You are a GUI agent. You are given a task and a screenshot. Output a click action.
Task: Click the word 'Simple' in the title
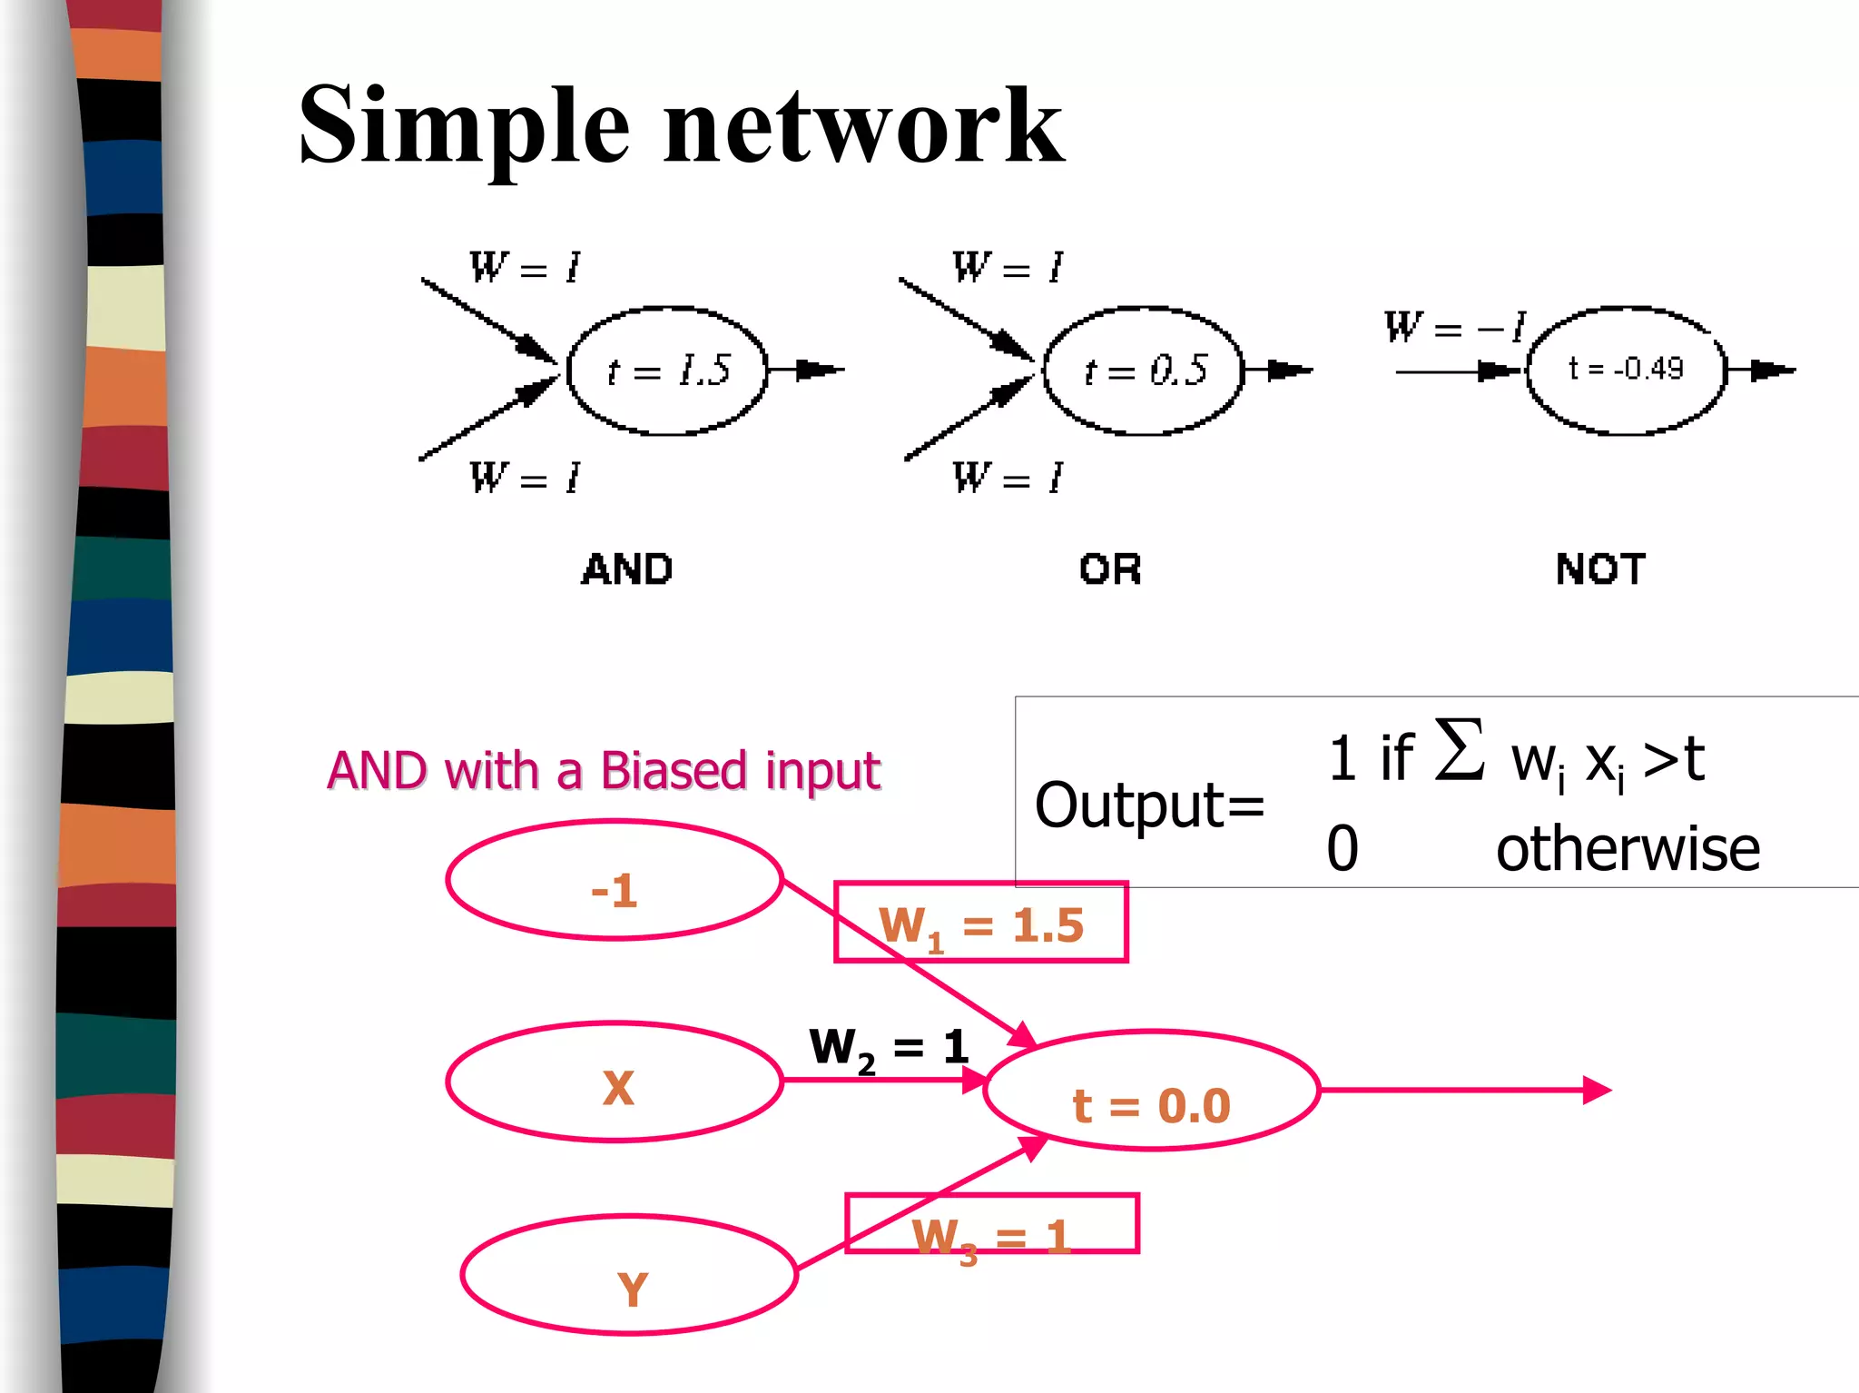click(463, 127)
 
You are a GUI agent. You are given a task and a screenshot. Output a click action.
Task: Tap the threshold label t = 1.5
click(668, 370)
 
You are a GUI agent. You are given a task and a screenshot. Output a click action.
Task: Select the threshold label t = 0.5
click(1145, 370)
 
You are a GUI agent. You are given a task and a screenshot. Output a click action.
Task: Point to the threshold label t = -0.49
click(1625, 369)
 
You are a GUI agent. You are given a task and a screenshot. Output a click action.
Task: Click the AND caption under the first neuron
click(627, 569)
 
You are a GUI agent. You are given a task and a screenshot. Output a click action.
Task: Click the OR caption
click(1109, 569)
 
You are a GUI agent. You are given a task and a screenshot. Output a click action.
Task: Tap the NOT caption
click(1600, 569)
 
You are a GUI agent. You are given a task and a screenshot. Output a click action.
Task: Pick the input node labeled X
click(615, 1082)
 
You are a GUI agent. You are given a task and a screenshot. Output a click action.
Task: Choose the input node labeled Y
click(629, 1276)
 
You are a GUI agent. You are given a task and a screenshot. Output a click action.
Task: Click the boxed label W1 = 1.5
click(980, 923)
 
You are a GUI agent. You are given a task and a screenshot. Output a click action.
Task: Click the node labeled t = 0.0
click(1151, 1092)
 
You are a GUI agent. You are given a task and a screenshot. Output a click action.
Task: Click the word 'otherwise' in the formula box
click(1628, 849)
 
